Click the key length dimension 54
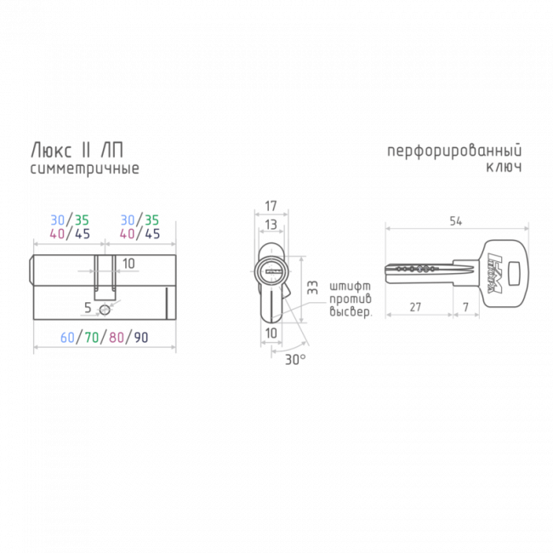456,221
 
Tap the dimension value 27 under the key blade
415,307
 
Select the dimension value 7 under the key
466,307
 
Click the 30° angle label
295,360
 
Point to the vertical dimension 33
312,288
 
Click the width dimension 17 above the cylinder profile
271,206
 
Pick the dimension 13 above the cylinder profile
271,225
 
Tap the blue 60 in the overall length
67,338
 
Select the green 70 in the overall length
92,338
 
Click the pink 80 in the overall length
116,338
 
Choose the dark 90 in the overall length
140,338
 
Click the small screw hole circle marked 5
105,311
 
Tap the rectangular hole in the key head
516,272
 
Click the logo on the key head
494,273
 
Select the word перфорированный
454,151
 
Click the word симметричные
84,168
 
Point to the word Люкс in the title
52,151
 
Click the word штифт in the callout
350,286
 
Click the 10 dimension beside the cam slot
128,264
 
